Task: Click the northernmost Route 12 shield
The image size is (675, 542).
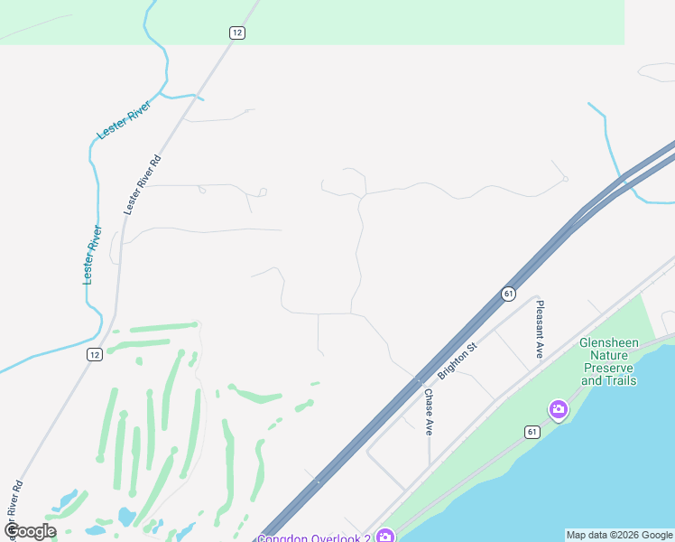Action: coord(236,33)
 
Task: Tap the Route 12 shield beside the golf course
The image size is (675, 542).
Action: coord(95,354)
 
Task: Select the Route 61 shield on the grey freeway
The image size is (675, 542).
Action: coord(508,294)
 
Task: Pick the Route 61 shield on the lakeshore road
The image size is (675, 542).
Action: coord(533,432)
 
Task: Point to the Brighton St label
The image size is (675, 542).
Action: coord(457,360)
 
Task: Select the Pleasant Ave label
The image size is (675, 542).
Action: coord(540,330)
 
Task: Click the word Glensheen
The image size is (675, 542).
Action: coord(609,343)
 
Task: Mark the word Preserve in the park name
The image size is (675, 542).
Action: coord(609,369)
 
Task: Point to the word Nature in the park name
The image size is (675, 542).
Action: coord(609,356)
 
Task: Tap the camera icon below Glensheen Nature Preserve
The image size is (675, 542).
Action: coord(558,410)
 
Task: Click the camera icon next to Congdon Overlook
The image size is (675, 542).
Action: coord(385,536)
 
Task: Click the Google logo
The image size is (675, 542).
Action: coord(30,531)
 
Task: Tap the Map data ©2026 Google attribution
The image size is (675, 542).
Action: coord(619,535)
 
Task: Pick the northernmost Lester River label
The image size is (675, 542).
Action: coord(124,120)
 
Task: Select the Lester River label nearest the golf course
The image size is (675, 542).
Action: coord(90,256)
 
